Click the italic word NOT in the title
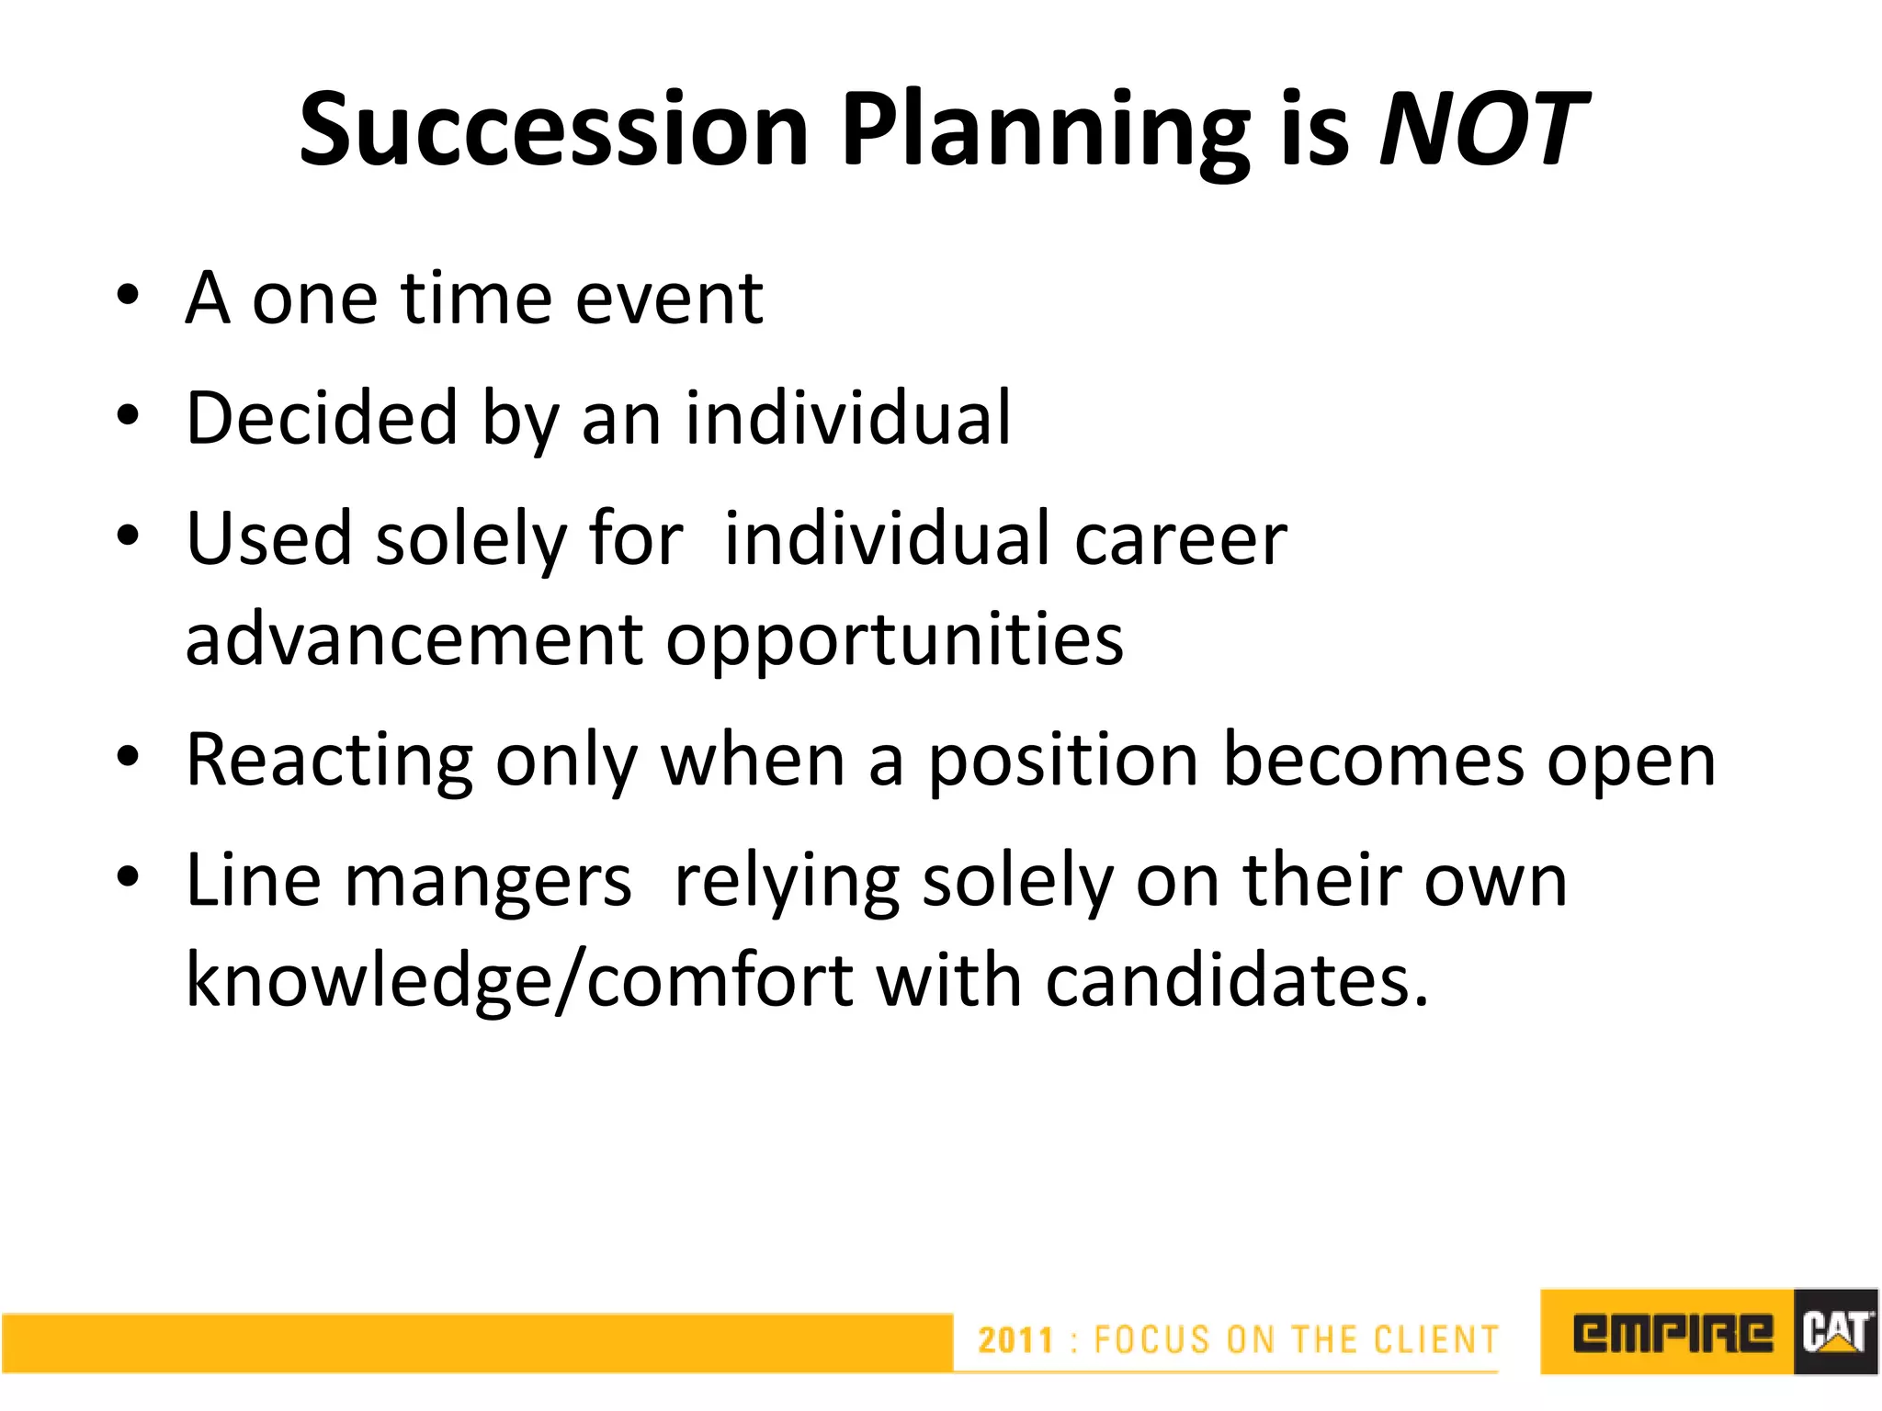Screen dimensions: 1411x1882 pyautogui.click(x=1483, y=130)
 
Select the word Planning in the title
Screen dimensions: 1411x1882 pyautogui.click(x=1048, y=130)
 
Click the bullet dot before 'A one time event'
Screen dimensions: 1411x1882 pyautogui.click(x=128, y=296)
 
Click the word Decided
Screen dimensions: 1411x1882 pyautogui.click(x=322, y=419)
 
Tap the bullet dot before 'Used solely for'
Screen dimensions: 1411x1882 pyautogui.click(x=128, y=536)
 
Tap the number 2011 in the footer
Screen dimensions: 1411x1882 pyautogui.click(x=1015, y=1340)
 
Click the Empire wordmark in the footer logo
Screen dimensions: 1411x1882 pyautogui.click(x=1672, y=1333)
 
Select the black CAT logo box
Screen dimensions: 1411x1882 pyautogui.click(x=1834, y=1332)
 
